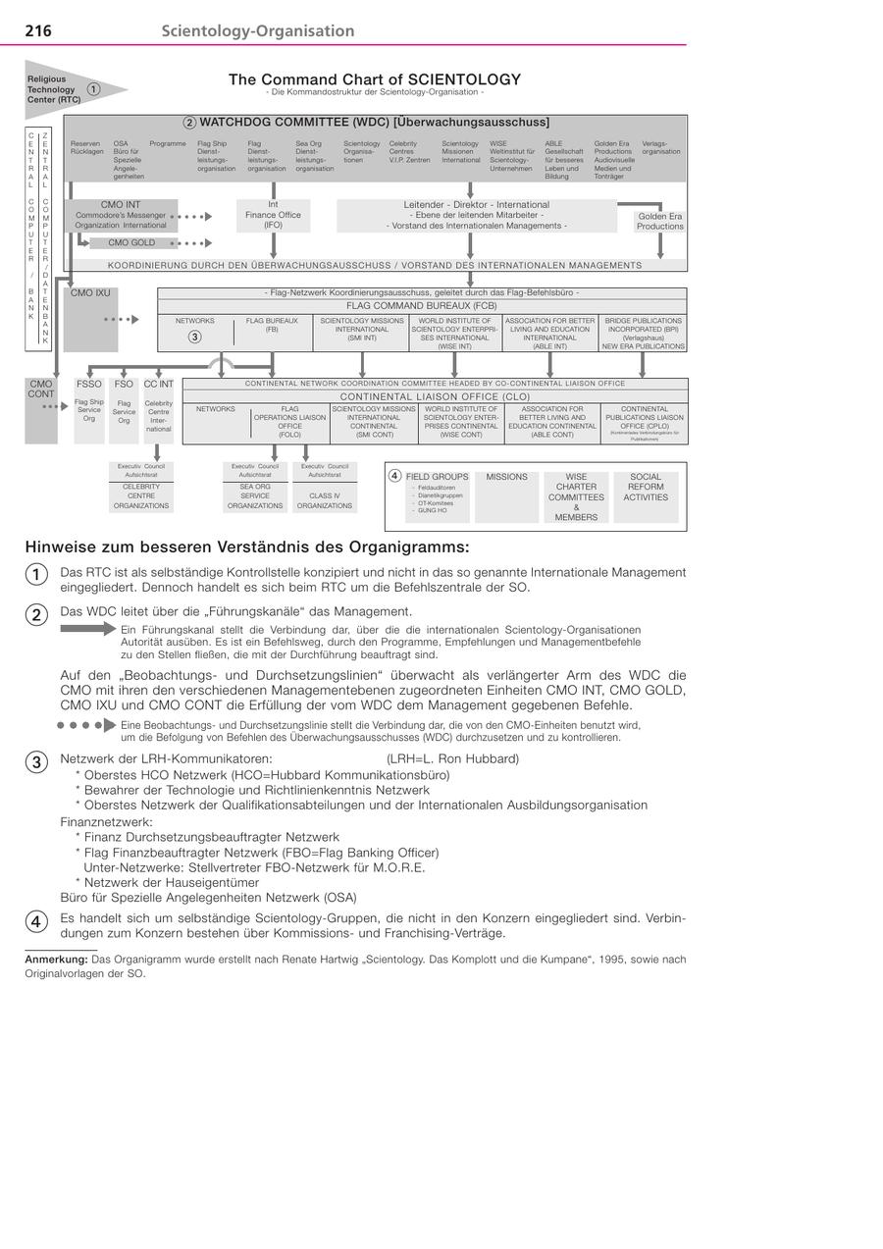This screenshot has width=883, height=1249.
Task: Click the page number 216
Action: click(38, 31)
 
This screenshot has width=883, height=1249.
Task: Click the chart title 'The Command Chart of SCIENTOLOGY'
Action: click(375, 79)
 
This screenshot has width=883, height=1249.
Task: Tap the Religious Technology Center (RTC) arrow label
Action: click(54, 89)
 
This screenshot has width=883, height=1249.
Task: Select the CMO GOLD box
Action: click(131, 242)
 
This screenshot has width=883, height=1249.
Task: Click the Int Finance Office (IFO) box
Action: click(273, 215)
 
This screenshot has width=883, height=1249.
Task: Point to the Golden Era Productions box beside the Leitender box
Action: click(659, 221)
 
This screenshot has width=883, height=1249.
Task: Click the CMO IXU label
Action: click(90, 292)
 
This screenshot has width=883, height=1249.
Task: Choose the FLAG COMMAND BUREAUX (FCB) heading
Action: click(422, 305)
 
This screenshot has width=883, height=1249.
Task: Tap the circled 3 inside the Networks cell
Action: click(194, 338)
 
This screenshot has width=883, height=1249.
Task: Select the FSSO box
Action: click(89, 385)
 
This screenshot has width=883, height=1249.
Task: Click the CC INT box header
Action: click(158, 385)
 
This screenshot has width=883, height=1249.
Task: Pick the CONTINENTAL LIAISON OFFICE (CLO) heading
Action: click(435, 396)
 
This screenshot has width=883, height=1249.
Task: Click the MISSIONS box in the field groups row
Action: click(506, 477)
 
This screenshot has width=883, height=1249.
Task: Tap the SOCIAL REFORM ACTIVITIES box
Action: click(646, 487)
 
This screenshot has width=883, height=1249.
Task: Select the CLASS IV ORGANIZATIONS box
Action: click(325, 500)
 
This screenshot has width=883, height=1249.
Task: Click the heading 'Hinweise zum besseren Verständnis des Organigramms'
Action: click(247, 546)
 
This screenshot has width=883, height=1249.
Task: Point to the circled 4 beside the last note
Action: click(35, 921)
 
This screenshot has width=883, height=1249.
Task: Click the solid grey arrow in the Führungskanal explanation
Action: click(88, 629)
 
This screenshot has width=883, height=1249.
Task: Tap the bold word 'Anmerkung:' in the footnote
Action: click(56, 960)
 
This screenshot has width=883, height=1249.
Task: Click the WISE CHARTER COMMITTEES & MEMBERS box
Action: click(576, 496)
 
